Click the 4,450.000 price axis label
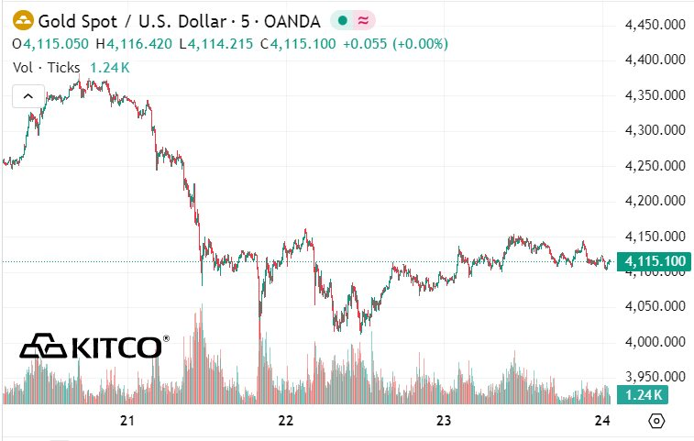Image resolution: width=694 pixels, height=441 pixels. (655, 24)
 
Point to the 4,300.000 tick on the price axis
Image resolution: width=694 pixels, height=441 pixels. (655, 130)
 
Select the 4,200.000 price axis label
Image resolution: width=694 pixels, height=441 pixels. (655, 201)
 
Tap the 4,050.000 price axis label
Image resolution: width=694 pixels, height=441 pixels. (655, 306)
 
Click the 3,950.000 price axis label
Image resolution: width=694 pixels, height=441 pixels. (655, 377)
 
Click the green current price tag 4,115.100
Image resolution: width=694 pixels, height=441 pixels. (655, 262)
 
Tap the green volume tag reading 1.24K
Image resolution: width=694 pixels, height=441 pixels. (641, 395)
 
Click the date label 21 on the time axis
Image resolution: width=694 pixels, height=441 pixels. (127, 421)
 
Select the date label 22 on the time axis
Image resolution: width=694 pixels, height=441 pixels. (285, 421)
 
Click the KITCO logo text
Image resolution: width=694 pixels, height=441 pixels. (115, 347)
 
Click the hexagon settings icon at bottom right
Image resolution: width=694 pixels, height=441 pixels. (655, 421)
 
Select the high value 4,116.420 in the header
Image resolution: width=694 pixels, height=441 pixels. (139, 43)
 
